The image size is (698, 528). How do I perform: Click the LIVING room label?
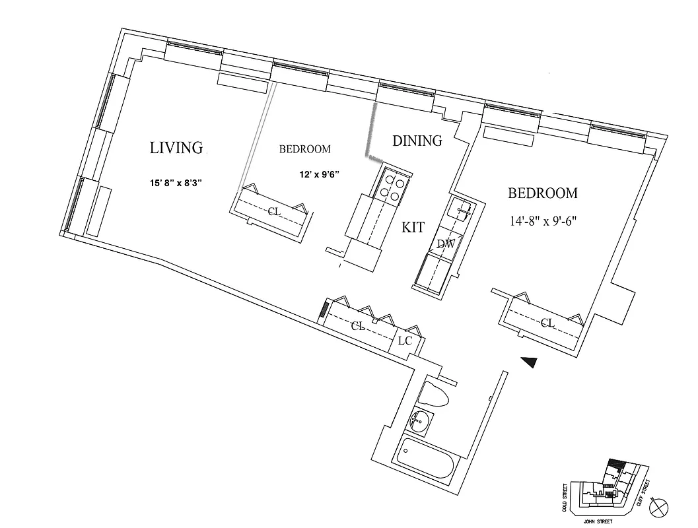click(x=176, y=147)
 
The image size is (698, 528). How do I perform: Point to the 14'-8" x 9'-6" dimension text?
click(x=543, y=221)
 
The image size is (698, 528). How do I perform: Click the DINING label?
click(x=417, y=141)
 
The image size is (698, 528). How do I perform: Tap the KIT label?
click(x=413, y=228)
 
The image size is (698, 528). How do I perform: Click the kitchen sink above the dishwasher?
click(x=461, y=210)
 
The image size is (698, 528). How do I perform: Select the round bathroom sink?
click(x=418, y=420)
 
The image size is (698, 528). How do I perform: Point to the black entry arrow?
click(x=530, y=361)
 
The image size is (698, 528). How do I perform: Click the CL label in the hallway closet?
click(x=358, y=326)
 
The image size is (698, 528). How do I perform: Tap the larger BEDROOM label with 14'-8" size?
click(x=542, y=193)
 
